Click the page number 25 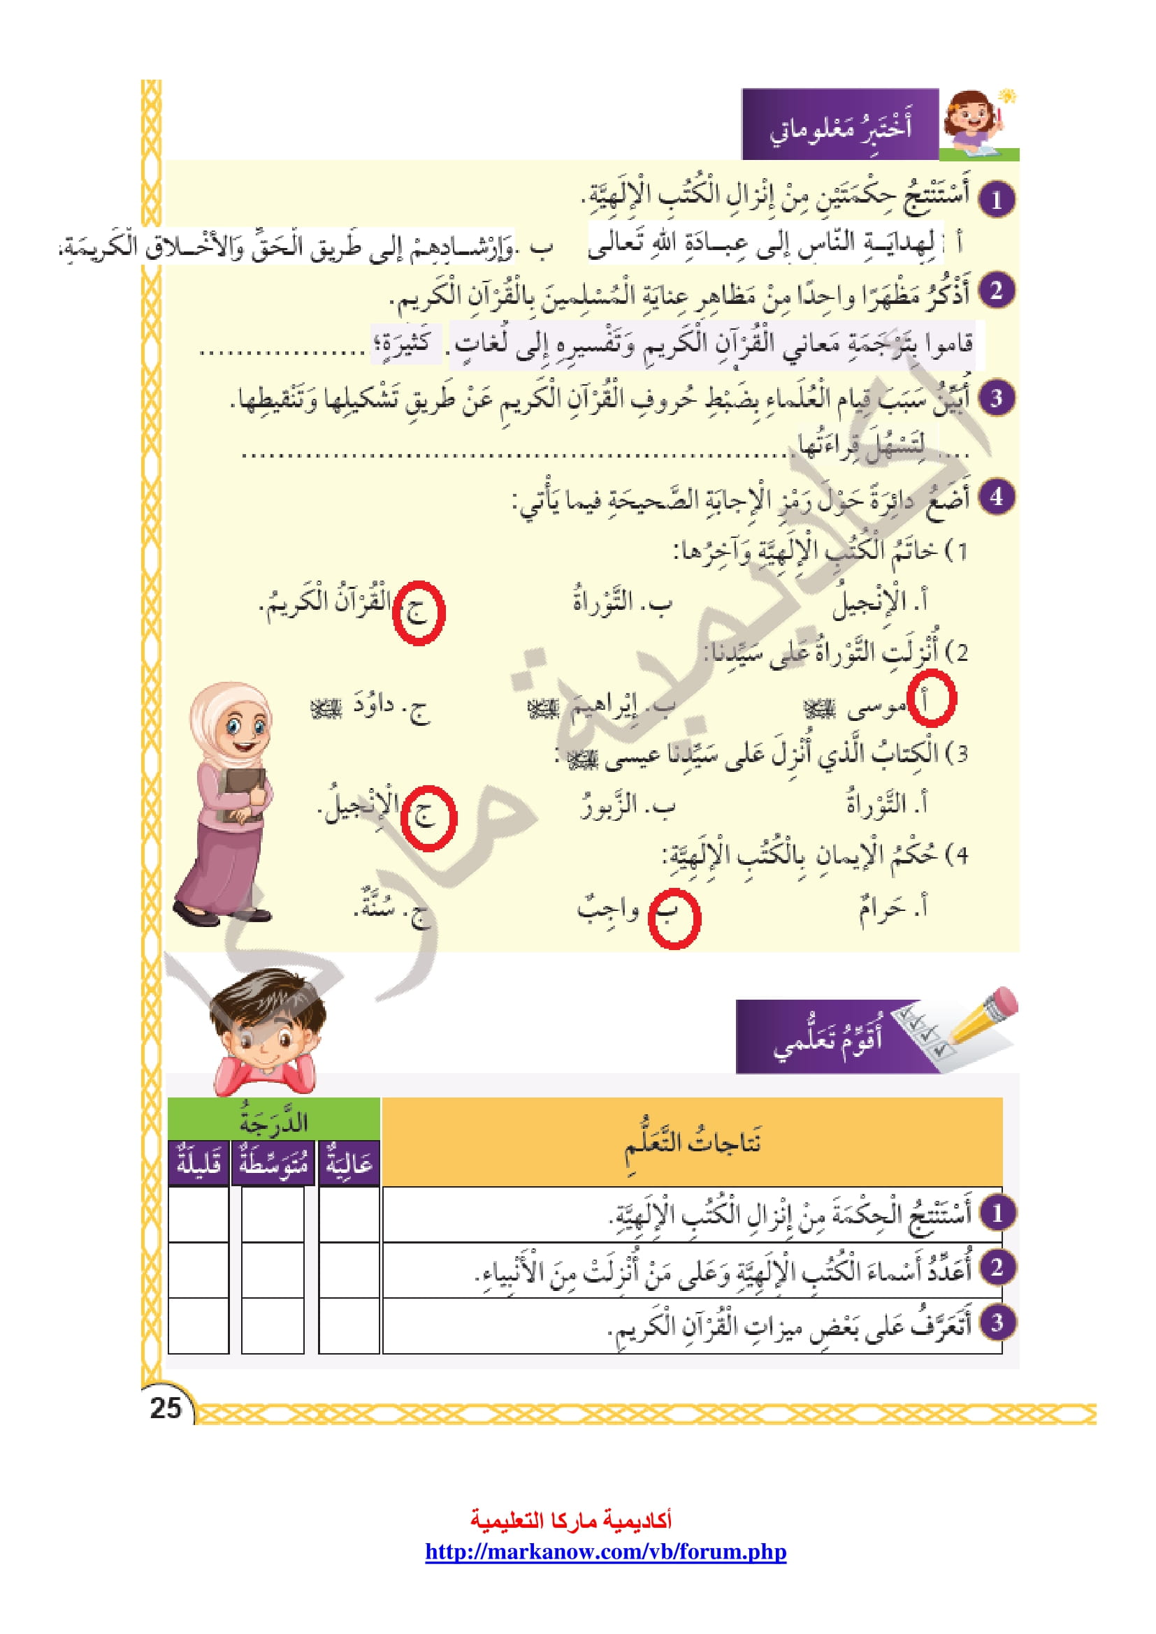tap(166, 1408)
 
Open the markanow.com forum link tap(606, 1552)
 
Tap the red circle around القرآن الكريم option tap(419, 613)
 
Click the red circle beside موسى tap(931, 698)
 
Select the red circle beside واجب tap(674, 918)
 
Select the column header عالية tap(349, 1164)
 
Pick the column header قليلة tap(198, 1164)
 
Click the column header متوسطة tap(273, 1164)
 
